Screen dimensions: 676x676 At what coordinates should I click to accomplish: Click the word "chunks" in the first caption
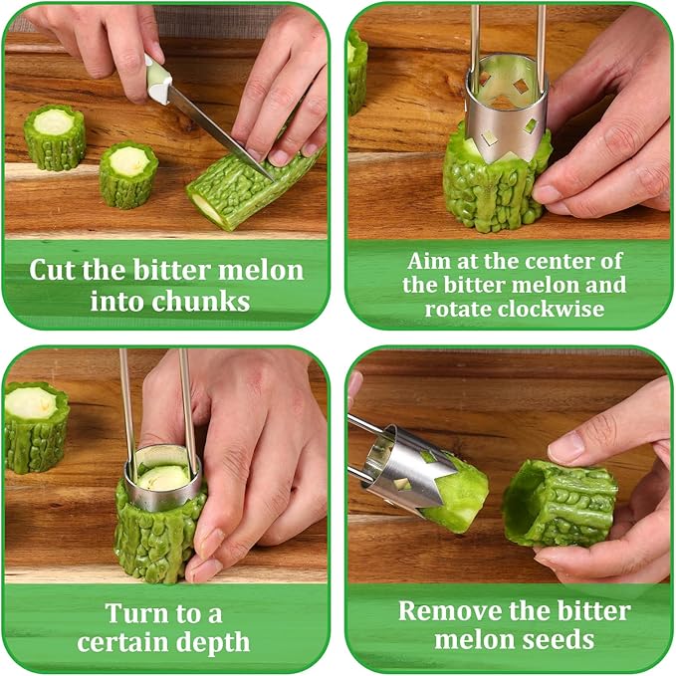(x=200, y=301)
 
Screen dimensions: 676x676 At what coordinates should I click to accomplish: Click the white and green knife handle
(x=157, y=80)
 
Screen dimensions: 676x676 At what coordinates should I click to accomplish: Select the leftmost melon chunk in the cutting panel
(x=55, y=137)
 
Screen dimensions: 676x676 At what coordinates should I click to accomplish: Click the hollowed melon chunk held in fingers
(x=561, y=503)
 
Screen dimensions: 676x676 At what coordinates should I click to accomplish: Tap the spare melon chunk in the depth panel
(x=36, y=427)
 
